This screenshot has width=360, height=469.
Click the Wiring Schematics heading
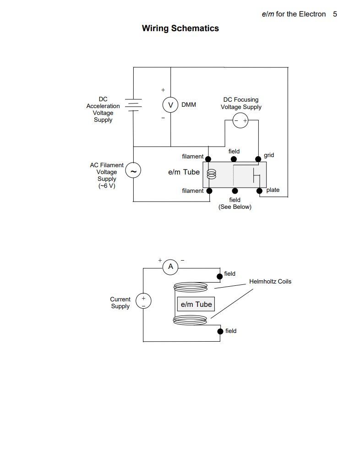tap(180, 28)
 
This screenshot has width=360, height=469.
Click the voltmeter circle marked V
tap(170, 105)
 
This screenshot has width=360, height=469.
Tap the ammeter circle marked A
tap(171, 267)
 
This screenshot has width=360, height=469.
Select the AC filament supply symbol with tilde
tap(133, 172)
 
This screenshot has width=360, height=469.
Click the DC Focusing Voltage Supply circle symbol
tap(240, 121)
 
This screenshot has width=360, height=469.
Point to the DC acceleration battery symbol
tap(133, 105)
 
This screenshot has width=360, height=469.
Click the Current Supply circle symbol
tap(143, 301)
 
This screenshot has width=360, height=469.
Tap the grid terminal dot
tap(259, 159)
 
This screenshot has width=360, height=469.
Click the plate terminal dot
tap(259, 191)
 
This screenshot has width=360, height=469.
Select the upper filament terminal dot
tap(208, 159)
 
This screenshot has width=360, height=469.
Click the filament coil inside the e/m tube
tap(211, 174)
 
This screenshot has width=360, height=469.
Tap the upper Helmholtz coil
tap(191, 287)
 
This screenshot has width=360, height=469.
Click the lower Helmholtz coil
tap(191, 320)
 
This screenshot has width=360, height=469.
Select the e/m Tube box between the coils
tap(196, 304)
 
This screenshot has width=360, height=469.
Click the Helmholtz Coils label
tap(270, 281)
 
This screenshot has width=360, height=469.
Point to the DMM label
tap(188, 105)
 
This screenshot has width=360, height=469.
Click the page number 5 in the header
tap(335, 14)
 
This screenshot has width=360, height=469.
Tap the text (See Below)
tap(235, 207)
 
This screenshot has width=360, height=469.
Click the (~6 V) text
tap(107, 186)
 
